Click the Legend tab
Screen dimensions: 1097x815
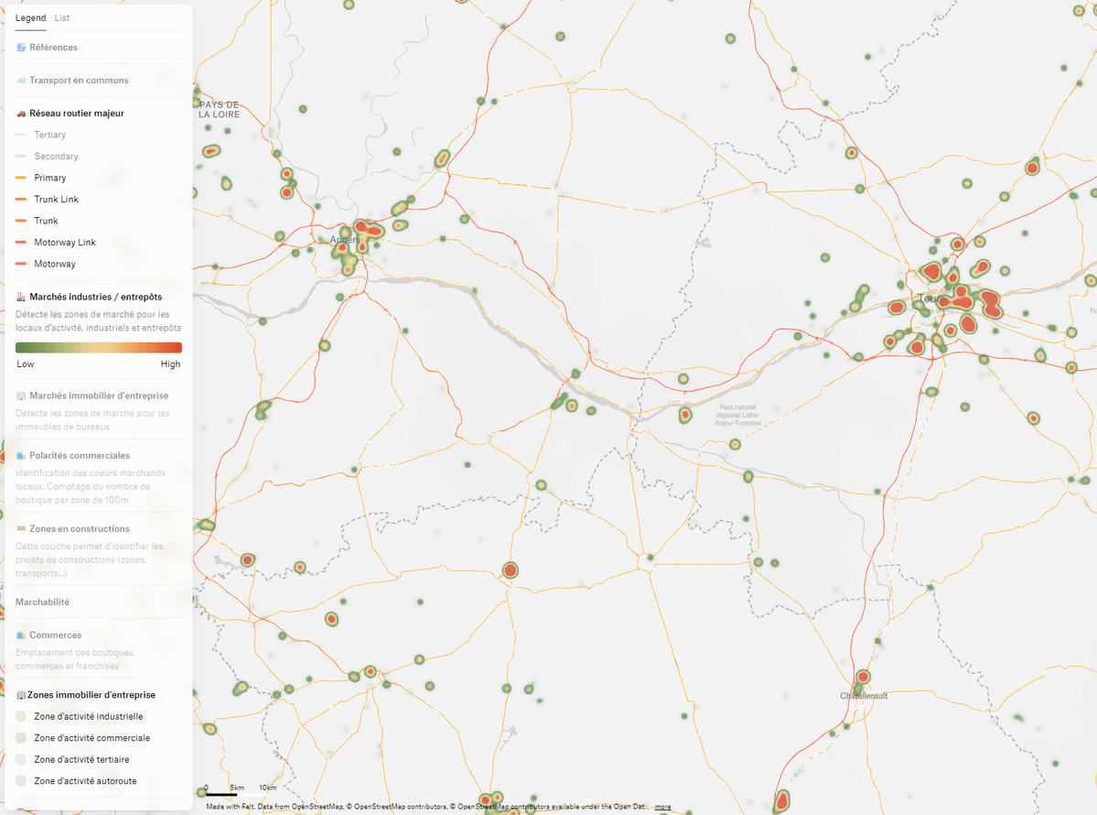pyautogui.click(x=30, y=18)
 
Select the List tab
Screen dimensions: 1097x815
pyautogui.click(x=61, y=18)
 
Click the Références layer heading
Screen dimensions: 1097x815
pyautogui.click(x=53, y=48)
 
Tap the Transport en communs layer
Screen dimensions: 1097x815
pyautogui.click(x=79, y=81)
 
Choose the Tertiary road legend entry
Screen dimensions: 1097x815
pyautogui.click(x=49, y=135)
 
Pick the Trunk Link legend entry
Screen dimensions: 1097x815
pyautogui.click(x=56, y=200)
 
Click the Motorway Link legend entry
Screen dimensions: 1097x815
pyautogui.click(x=64, y=243)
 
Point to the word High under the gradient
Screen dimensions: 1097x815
pyautogui.click(x=170, y=364)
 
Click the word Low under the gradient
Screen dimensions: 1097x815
pyautogui.click(x=26, y=364)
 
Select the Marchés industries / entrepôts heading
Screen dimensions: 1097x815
pyautogui.click(x=95, y=297)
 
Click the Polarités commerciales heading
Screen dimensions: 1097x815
pyautogui.click(x=79, y=455)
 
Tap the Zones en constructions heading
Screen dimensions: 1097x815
pyautogui.click(x=79, y=528)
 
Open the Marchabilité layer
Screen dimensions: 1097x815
pyautogui.click(x=42, y=602)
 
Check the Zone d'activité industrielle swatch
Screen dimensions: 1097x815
pyautogui.click(x=22, y=716)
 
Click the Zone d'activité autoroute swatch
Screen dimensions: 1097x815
pyautogui.click(x=22, y=781)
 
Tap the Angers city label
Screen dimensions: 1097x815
pyautogui.click(x=345, y=240)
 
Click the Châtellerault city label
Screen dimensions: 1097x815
pyautogui.click(x=864, y=696)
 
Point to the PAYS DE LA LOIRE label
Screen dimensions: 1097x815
pyautogui.click(x=220, y=110)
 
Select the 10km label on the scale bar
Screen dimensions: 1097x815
pyautogui.click(x=267, y=788)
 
